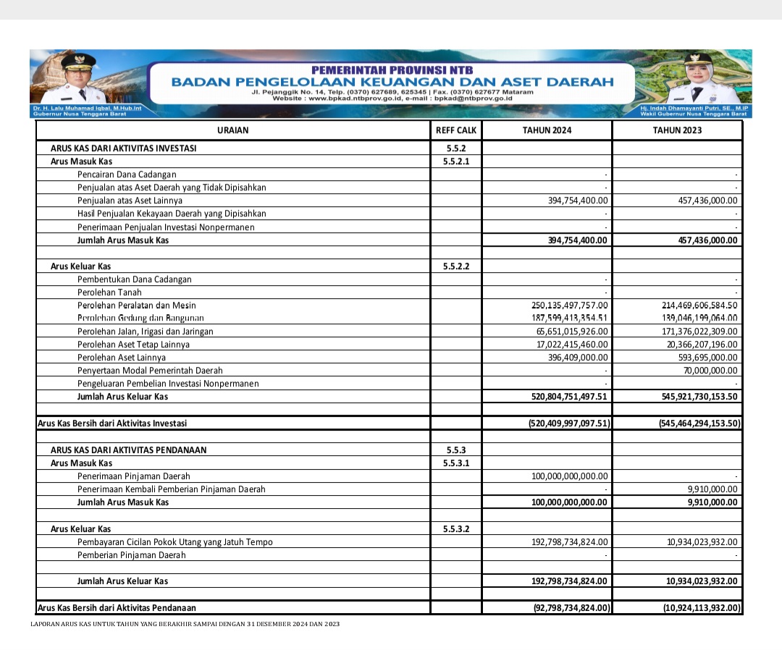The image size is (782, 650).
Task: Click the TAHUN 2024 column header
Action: click(547, 130)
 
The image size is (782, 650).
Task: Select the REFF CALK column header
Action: click(456, 130)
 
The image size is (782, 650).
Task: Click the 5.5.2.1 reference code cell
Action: click(456, 161)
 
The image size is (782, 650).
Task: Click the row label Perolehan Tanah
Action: click(109, 292)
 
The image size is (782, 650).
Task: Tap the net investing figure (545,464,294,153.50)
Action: click(699, 423)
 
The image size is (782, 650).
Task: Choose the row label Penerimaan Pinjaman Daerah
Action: click(134, 476)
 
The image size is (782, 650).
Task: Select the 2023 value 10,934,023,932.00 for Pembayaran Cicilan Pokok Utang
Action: click(702, 541)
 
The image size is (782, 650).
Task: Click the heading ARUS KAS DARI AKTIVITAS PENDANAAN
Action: click(128, 450)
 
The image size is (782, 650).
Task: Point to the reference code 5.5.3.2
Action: click(456, 529)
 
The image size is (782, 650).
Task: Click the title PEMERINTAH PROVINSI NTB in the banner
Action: click(392, 70)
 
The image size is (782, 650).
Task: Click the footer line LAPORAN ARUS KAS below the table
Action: click(185, 624)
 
